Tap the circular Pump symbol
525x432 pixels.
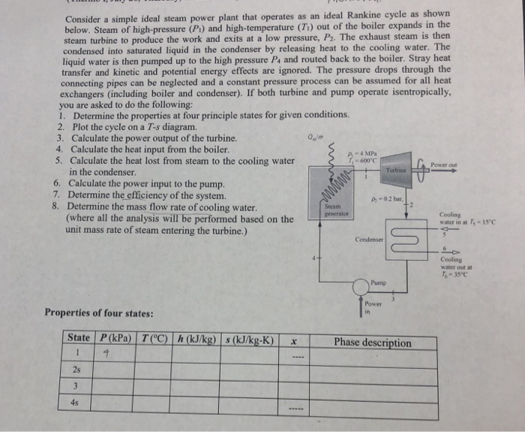(379, 282)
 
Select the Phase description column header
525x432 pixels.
(372, 343)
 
